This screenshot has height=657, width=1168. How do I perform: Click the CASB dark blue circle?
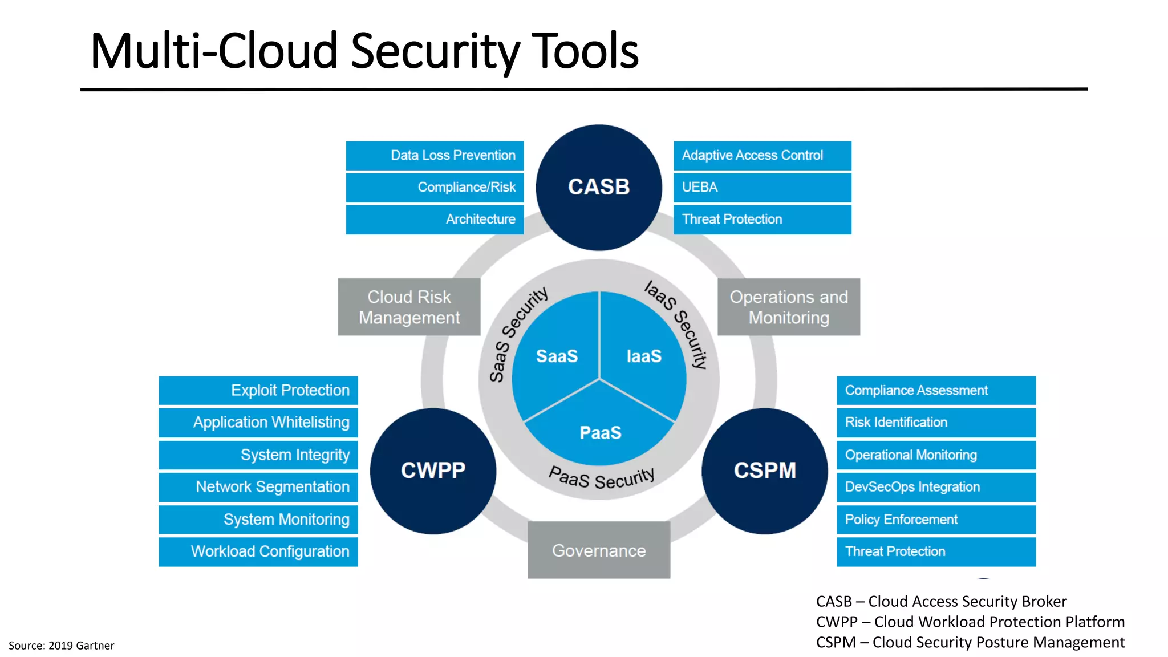[x=599, y=187]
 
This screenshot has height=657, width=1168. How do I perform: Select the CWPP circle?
[x=433, y=471]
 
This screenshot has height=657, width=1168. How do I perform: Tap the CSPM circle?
[x=764, y=471]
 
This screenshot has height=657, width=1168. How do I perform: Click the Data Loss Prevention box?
[x=435, y=155]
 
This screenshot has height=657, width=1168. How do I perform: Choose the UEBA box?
[x=762, y=187]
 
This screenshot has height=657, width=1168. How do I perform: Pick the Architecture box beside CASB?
[x=435, y=219]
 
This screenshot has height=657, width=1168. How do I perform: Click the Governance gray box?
[x=599, y=550]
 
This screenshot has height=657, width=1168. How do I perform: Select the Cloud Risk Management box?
[x=409, y=307]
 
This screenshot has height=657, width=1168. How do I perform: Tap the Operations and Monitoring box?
[x=788, y=307]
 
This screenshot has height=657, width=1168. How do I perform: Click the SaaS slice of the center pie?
[x=557, y=356]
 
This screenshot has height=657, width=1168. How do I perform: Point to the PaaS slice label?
[x=600, y=433]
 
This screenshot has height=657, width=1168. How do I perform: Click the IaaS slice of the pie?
[x=644, y=356]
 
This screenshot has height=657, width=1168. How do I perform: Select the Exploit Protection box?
[x=258, y=390]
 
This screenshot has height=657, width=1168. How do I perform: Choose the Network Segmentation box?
[x=258, y=486]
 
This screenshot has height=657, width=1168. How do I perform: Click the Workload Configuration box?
[x=258, y=551]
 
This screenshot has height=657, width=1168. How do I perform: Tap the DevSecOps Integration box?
[x=935, y=486]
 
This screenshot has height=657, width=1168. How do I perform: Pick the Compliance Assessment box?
[x=935, y=390]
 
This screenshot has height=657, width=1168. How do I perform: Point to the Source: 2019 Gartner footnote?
[x=61, y=645]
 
